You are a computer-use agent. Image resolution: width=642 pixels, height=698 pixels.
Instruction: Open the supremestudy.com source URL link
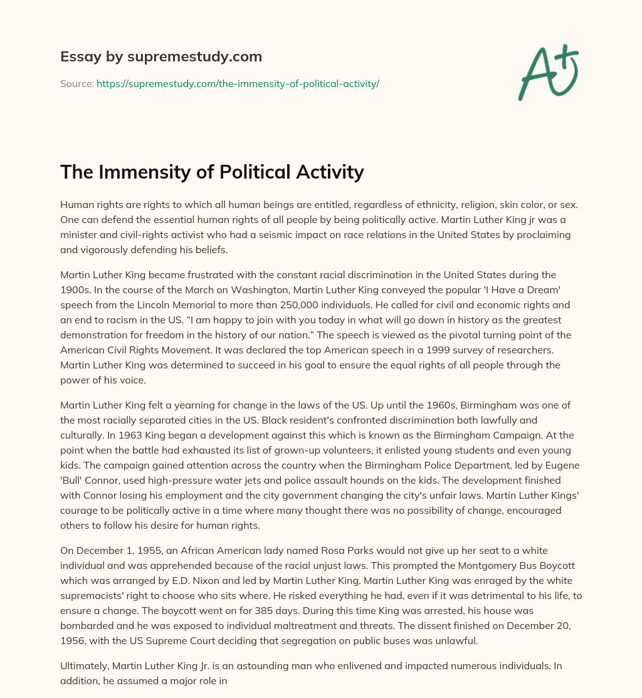pyautogui.click(x=238, y=83)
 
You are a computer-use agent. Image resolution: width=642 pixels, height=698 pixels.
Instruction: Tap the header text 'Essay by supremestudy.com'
pyautogui.click(x=161, y=57)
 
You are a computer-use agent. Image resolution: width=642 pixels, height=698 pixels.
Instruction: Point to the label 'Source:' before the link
pyautogui.click(x=76, y=83)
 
